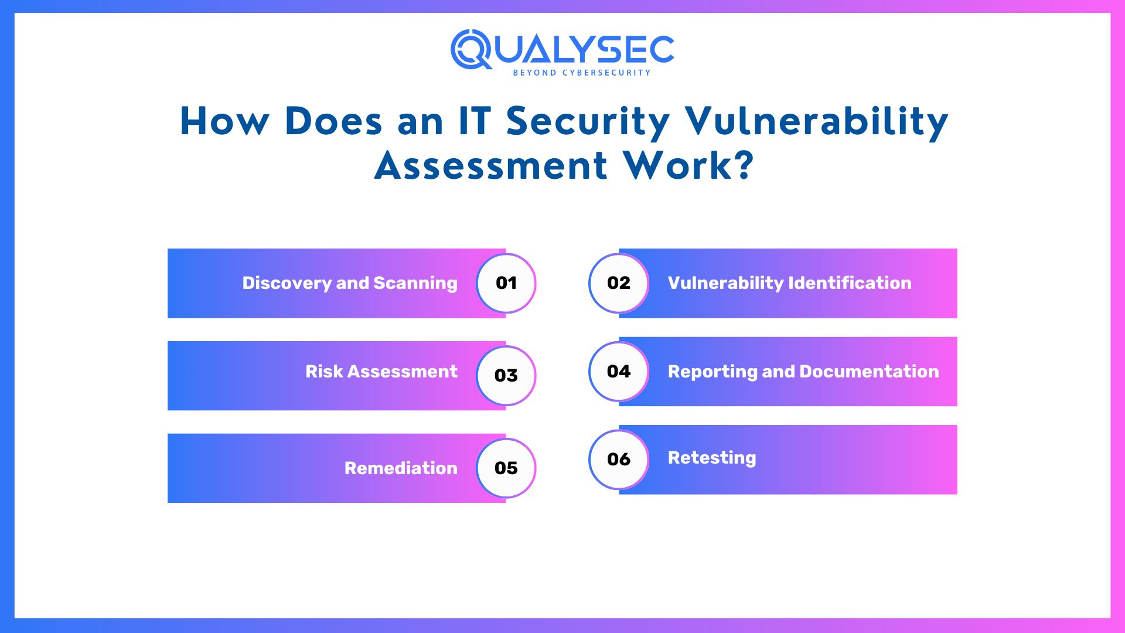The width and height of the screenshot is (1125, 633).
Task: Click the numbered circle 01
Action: pos(506,283)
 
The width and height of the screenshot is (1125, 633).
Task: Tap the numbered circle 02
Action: pos(619,283)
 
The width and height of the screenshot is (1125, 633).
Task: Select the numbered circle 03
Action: pos(506,376)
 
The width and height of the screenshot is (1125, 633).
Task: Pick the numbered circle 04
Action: pos(619,372)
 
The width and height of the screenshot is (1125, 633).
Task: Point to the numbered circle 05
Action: pos(506,468)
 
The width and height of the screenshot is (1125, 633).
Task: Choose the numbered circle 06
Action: pos(619,460)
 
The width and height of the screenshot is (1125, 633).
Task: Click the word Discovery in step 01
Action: pos(287,283)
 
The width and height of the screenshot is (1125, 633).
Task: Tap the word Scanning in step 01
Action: pos(415,283)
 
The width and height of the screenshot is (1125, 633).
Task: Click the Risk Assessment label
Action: pos(381,372)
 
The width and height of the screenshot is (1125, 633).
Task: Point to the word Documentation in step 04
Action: pos(869,372)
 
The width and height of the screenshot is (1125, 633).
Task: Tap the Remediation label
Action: pos(401,468)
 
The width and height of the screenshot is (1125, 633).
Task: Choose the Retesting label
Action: pos(712,458)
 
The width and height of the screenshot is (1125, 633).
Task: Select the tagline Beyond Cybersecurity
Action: pos(582,73)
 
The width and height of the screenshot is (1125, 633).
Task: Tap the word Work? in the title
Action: pos(688,166)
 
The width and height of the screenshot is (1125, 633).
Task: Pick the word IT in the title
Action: pos(475,122)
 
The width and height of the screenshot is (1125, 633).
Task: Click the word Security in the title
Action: pos(588,122)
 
